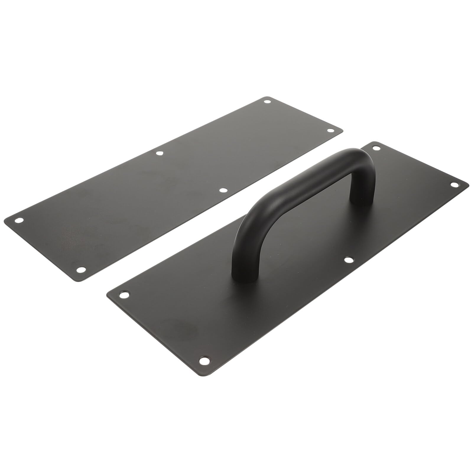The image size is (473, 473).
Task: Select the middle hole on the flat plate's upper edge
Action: click(160, 153)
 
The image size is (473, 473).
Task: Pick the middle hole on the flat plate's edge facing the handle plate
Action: click(223, 190)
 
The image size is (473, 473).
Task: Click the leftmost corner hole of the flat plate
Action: click(19, 220)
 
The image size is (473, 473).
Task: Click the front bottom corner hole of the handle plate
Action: click(203, 360)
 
